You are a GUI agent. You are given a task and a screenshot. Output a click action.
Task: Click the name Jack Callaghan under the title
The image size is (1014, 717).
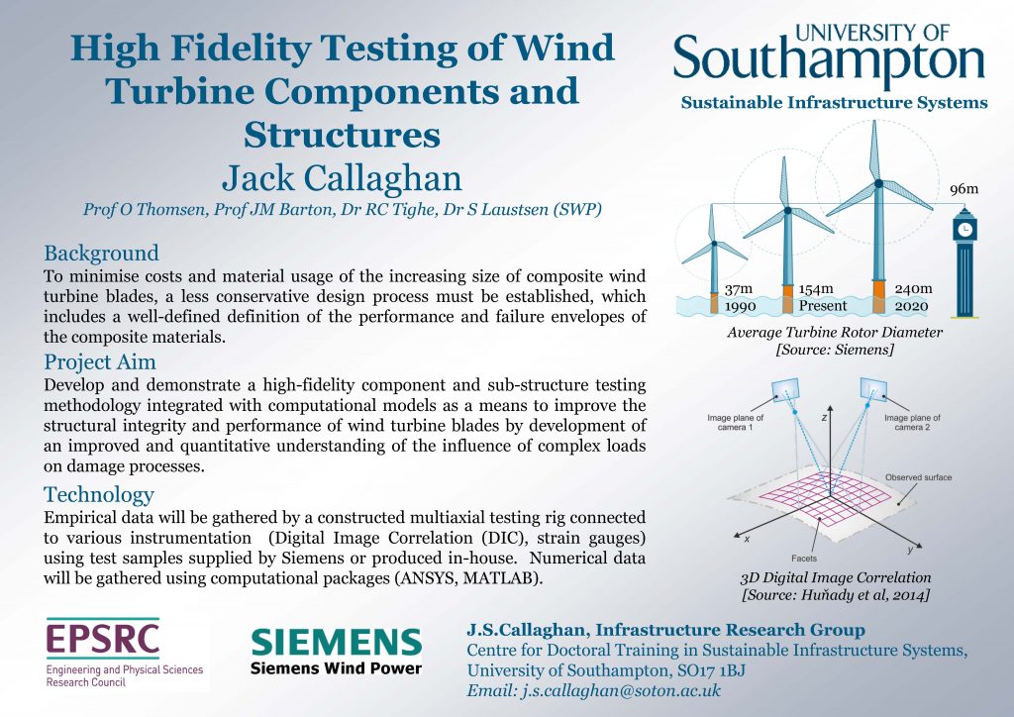pos(342,179)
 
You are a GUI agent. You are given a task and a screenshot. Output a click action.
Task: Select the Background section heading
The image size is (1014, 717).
pos(102,253)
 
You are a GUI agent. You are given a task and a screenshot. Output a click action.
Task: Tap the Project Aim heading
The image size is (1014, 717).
pos(100,362)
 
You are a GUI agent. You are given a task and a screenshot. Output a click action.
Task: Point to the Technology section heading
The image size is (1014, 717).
pos(99,494)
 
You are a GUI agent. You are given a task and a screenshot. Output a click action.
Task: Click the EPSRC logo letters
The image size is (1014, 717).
pos(103,639)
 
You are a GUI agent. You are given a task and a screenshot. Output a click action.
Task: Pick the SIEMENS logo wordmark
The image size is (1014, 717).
pos(337,643)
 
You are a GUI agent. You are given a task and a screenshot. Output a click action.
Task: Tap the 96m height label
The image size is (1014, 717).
pos(963,189)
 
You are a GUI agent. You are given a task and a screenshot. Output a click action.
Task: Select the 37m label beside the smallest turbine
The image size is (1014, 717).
pos(739,289)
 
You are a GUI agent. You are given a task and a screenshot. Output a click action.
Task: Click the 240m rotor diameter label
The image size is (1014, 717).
pos(913,288)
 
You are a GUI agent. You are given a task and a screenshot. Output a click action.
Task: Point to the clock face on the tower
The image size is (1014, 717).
pos(964,229)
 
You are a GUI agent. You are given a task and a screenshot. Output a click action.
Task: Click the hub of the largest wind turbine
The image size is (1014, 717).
pos(878,183)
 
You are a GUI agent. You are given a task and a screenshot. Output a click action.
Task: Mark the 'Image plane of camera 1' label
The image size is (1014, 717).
pos(736,422)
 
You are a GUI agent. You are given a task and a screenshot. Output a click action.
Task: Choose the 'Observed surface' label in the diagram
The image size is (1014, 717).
pos(918,477)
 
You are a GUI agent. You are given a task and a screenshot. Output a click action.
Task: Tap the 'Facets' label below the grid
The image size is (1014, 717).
pos(804,558)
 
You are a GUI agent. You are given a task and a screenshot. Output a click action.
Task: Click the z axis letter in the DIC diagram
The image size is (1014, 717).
pos(825,418)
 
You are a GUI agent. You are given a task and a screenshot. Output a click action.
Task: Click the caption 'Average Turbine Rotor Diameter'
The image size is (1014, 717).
pos(835,333)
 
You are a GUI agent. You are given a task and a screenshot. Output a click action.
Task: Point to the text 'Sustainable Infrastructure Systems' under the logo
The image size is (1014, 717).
pos(834,103)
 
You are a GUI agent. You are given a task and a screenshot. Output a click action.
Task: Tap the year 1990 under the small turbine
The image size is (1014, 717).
pos(741,306)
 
